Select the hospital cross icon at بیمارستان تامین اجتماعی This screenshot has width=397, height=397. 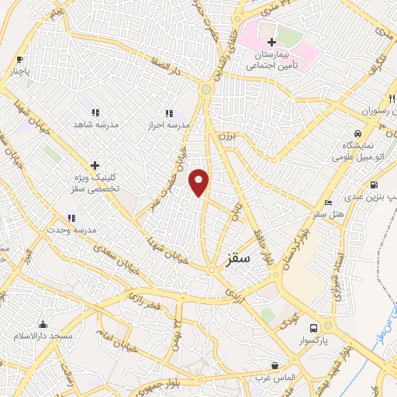pos(271,42)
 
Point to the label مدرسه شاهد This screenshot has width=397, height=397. pos(94,124)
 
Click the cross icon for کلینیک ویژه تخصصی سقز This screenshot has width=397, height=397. pos(95,165)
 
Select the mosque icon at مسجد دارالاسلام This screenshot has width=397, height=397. pos(43,325)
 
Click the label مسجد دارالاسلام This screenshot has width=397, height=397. pos(43,337)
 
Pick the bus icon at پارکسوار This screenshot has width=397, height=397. pos(313,328)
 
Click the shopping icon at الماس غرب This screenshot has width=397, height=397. pos(274,365)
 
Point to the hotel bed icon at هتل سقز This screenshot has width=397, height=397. pos(329,202)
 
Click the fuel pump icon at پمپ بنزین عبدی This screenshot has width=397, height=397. pos(375,185)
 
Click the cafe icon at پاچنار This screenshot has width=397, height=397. pos(20,60)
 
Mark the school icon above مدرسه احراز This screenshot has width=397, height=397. pos(169,113)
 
